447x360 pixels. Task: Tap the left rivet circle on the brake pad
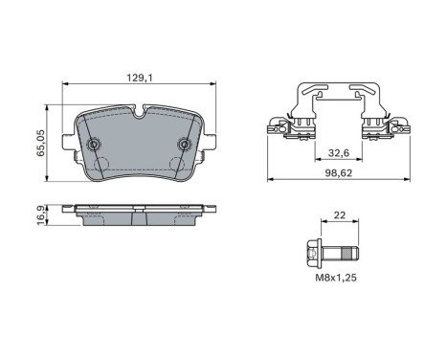94,145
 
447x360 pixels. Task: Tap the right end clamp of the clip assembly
392,125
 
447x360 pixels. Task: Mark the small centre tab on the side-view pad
139,205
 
